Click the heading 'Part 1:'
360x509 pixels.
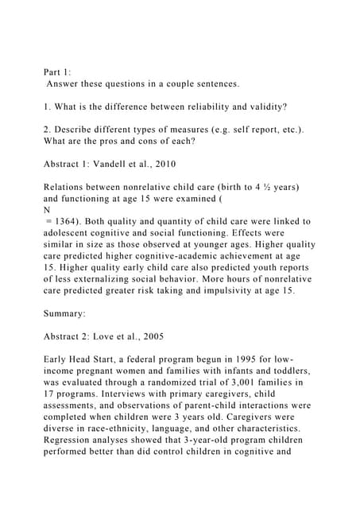tap(57, 71)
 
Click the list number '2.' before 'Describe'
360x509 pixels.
tap(47, 130)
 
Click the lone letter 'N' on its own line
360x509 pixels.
tap(47, 210)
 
